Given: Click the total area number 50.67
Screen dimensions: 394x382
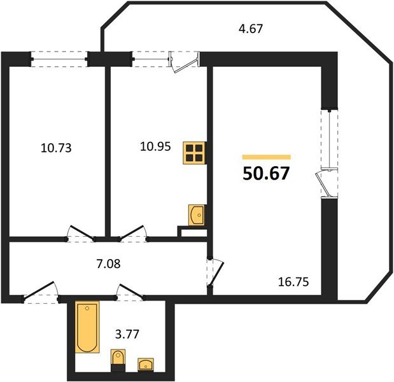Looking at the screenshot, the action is [266, 173].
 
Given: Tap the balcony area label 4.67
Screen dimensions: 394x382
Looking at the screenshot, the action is [251, 29].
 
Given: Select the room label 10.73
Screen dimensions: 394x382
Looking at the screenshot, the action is [56, 148].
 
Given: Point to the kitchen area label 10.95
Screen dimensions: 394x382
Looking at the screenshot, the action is [155, 146].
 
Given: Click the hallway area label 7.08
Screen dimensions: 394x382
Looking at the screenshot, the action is [109, 264].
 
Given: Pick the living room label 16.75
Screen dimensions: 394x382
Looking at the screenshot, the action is [293, 281].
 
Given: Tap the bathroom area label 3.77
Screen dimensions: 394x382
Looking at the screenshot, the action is [127, 334].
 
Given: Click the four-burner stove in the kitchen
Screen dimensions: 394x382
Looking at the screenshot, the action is [195, 153].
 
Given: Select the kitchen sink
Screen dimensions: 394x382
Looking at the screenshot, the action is [197, 215].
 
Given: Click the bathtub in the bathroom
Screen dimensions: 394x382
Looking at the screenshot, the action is [87, 327].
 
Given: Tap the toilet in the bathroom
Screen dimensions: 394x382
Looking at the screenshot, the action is [118, 360].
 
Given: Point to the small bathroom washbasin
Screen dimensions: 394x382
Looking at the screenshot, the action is [146, 364].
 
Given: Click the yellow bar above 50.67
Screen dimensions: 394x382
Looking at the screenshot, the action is [266, 157].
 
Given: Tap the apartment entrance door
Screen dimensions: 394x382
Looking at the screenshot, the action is [41, 292].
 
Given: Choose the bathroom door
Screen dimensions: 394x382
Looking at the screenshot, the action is [130, 292].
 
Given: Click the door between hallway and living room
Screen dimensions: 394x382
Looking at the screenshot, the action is [215, 272].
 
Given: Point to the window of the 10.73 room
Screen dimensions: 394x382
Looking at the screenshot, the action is [59, 59].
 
